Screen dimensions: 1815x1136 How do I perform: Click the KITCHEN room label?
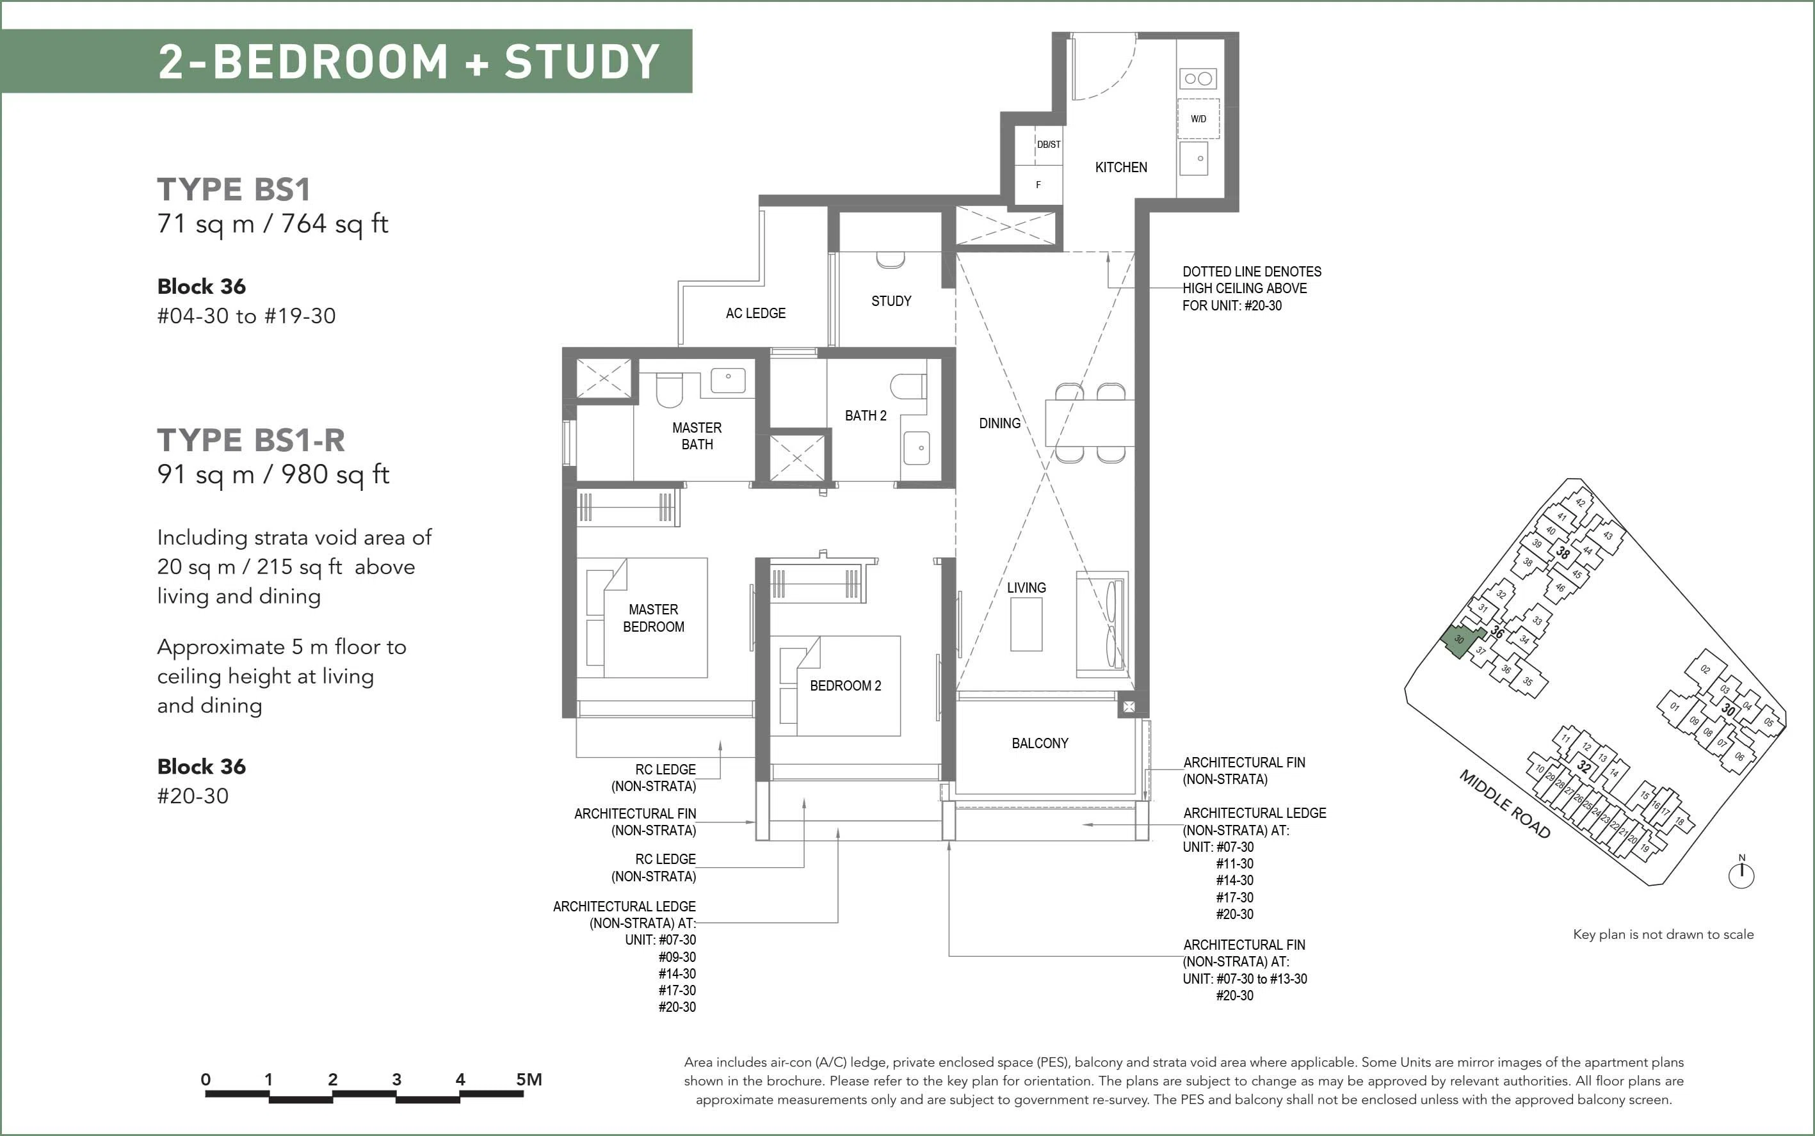coord(1120,168)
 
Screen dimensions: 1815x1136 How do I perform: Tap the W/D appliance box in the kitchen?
coord(1198,118)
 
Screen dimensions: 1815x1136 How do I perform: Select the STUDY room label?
coord(891,301)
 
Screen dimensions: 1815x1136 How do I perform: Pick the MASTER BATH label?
coord(697,436)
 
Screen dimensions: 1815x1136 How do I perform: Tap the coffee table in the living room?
coord(1026,625)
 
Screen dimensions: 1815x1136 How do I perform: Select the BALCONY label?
coord(1040,744)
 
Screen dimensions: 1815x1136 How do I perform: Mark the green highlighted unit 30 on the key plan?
coord(1460,641)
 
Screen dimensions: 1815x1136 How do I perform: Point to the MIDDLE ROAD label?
coord(1504,804)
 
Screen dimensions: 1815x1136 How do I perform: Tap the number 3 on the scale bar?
coord(396,1080)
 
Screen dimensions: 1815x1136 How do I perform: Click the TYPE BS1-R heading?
coord(251,440)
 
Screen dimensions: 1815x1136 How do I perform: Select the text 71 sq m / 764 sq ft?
coord(273,224)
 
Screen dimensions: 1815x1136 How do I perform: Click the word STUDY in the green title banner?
coord(582,61)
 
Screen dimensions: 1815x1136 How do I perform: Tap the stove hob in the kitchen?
coord(1198,78)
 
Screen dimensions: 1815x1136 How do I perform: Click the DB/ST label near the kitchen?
coord(1049,144)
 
